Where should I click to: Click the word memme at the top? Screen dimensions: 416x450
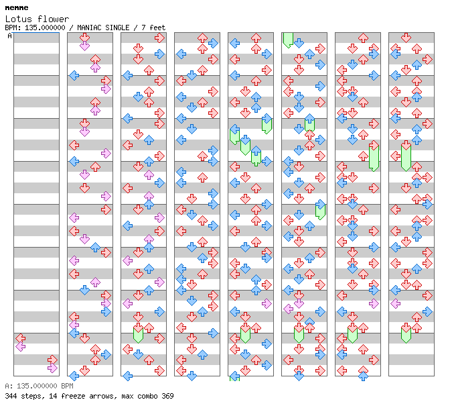tap(16, 7)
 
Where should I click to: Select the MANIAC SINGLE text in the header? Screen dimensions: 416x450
tap(102, 28)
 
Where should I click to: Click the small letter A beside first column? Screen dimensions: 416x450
tap(9, 36)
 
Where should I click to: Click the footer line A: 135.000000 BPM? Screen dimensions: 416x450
tap(39, 386)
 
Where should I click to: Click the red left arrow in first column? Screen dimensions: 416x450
tap(20, 338)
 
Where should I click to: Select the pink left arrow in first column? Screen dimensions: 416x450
tap(20, 346)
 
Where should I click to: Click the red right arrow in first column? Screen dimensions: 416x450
tap(52, 360)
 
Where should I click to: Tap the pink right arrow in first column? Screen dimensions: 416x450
tap(52, 368)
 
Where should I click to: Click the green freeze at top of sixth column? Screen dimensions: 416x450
tap(288, 39)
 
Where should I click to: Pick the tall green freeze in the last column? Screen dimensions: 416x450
tap(406, 156)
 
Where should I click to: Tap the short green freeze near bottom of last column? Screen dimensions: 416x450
tap(406, 333)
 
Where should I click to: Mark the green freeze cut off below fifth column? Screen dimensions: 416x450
tap(234, 377)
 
